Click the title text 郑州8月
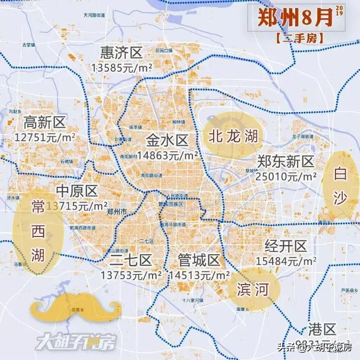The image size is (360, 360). tap(295, 18)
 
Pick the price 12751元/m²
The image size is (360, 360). tap(45, 137)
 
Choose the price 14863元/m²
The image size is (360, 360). tap(168, 155)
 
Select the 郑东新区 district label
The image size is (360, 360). tap(285, 161)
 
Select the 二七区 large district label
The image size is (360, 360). tap(131, 261)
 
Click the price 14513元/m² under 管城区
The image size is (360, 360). tap(199, 275)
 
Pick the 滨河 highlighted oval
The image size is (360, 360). tap(252, 289)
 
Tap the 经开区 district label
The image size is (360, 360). tap(286, 247)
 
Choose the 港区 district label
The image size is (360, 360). tap(322, 330)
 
